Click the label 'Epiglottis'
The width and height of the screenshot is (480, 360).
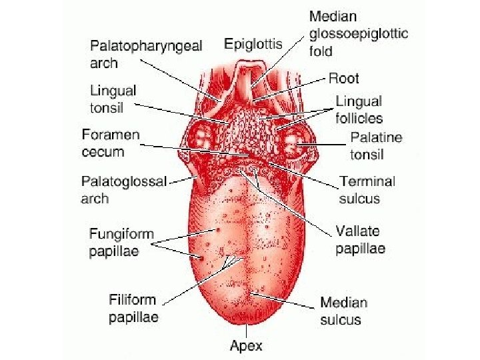[x=253, y=44]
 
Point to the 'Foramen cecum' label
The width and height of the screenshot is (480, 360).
[x=111, y=143]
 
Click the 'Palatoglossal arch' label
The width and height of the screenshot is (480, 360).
[x=123, y=189]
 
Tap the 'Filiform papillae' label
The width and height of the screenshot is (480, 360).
[x=134, y=309]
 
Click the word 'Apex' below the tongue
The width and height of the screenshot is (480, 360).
[x=246, y=345]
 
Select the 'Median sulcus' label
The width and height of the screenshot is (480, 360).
[x=343, y=311]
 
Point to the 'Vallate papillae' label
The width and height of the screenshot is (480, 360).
[x=361, y=240]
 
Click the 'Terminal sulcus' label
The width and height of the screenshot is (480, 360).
[x=367, y=189]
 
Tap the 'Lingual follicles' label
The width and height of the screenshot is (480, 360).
[x=359, y=110]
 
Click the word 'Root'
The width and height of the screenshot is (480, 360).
[x=343, y=79]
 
